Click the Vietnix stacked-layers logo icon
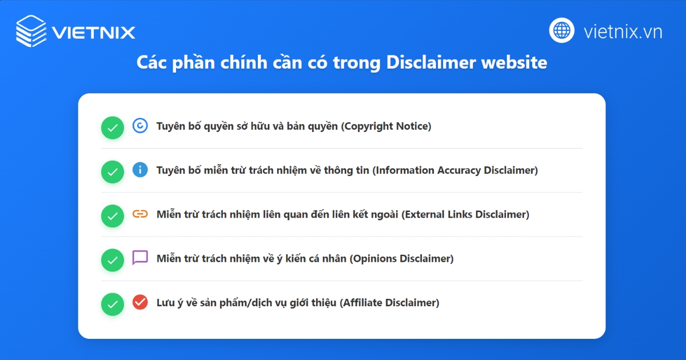pyautogui.click(x=31, y=30)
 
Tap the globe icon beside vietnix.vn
pyautogui.click(x=562, y=30)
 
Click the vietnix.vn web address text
pyautogui.click(x=623, y=31)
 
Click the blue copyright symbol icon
pyautogui.click(x=140, y=126)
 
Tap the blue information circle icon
pyautogui.click(x=140, y=170)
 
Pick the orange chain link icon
pyautogui.click(x=140, y=214)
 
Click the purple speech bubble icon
pyautogui.click(x=140, y=258)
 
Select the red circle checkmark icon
pyautogui.click(x=140, y=302)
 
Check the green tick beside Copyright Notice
pyautogui.click(x=113, y=128)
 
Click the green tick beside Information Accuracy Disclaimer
pyautogui.click(x=113, y=172)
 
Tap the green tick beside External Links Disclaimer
pyautogui.click(x=113, y=216)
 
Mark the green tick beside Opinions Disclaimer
pyautogui.click(x=113, y=261)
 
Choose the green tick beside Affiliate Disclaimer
pyautogui.click(x=113, y=305)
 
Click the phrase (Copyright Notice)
pyautogui.click(x=386, y=126)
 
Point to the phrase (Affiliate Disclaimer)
pyautogui.click(x=389, y=303)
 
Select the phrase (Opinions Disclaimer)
pyautogui.click(x=401, y=258)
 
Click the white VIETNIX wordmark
pyautogui.click(x=93, y=31)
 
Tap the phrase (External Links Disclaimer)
pyautogui.click(x=465, y=214)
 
